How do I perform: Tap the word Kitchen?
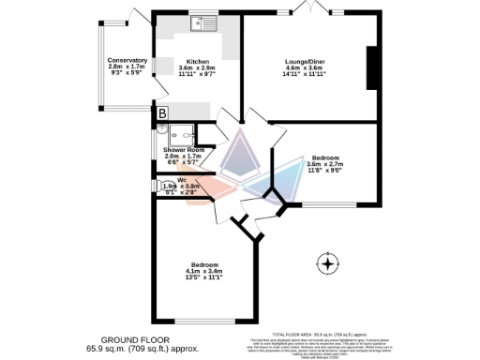pos(197,61)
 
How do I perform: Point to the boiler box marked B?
pos(162,113)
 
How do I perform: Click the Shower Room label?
pos(183,148)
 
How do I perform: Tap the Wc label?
pos(181,179)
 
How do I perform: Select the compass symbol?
pos(328,265)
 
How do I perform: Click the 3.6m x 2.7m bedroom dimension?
pos(325,164)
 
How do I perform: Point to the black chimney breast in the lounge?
pos(370,67)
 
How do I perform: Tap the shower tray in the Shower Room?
pos(183,133)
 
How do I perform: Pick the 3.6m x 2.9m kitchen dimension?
pos(197,67)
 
